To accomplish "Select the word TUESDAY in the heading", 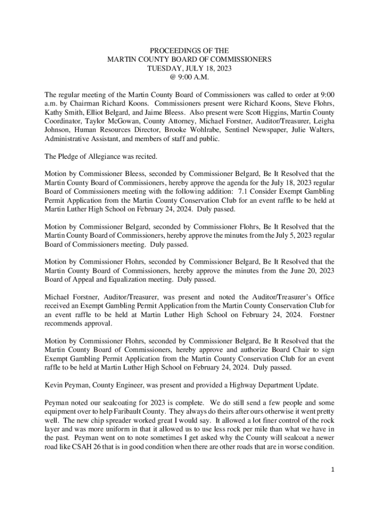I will click(x=163, y=68).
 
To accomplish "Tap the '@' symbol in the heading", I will click(x=170, y=77).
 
